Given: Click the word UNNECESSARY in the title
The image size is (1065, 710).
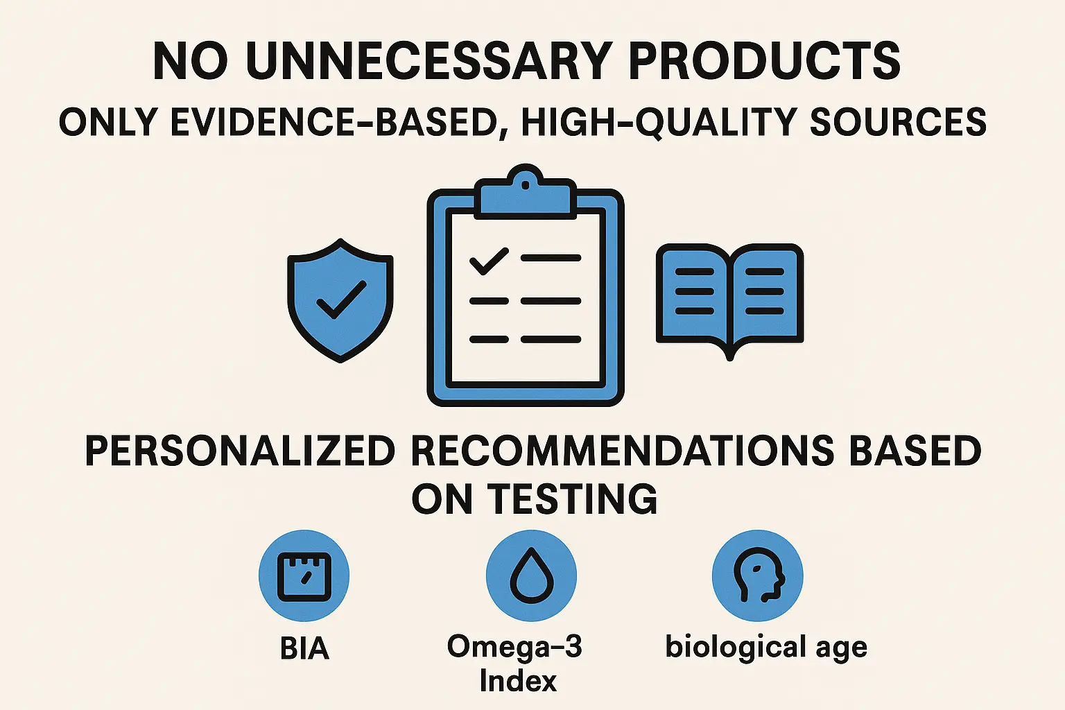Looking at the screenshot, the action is coord(427,61).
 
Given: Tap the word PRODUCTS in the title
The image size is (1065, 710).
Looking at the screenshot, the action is coord(765,61).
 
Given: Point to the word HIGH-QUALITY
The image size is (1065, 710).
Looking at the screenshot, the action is coord(659,122).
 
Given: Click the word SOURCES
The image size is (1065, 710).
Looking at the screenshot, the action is coord(899,122).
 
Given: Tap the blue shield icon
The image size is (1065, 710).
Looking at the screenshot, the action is coord(340,300).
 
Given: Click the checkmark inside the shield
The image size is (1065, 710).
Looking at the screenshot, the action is coord(341,300).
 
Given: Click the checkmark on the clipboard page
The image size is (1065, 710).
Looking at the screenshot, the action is coord(489,261).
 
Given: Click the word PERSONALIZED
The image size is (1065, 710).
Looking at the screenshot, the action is coord(240,451).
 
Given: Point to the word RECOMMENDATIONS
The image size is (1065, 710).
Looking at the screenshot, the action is coord(622,451).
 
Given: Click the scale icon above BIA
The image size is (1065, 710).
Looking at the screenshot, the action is coord(304,576).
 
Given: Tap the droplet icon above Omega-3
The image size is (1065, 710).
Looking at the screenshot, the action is coord(532,576).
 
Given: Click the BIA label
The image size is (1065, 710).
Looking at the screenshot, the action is coord(304,648).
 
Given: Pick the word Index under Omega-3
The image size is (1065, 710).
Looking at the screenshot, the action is coord(518,681).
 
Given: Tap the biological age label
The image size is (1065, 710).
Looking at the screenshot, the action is coord(766,648).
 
